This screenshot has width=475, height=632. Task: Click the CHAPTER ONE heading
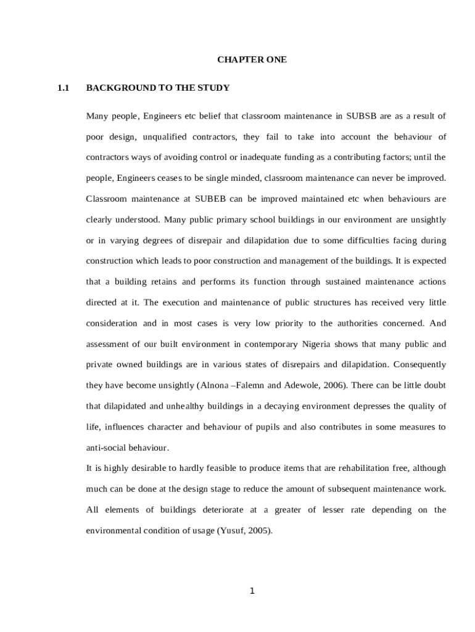point(252,60)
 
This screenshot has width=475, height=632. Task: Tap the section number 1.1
point(62,88)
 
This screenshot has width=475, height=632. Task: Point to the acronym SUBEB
point(211,199)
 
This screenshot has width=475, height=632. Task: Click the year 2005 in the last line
point(258,530)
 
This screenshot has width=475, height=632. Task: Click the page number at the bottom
point(252,591)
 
